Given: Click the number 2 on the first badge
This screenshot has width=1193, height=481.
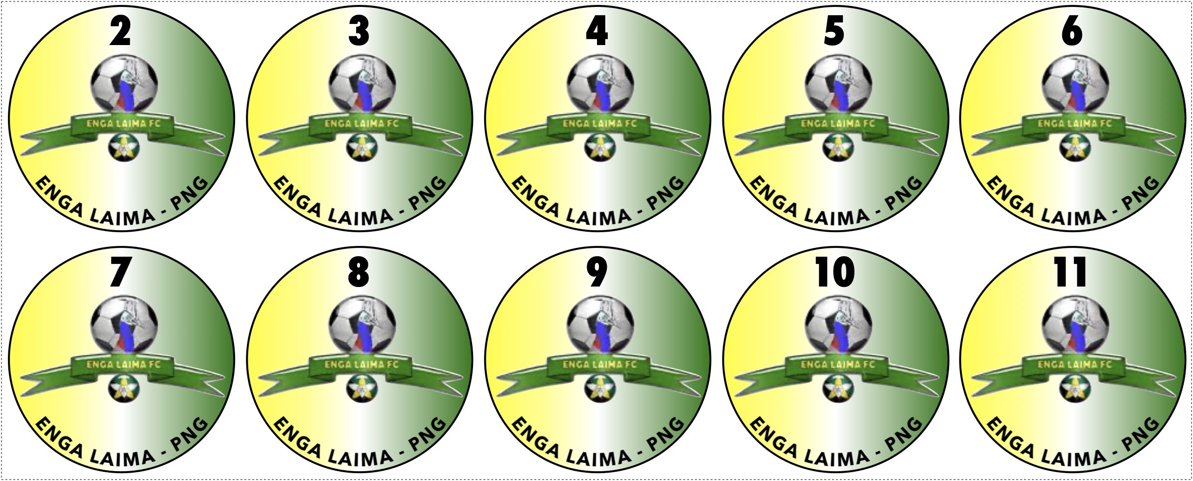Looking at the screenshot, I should click(x=120, y=31).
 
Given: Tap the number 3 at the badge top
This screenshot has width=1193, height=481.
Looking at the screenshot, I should click(x=359, y=31).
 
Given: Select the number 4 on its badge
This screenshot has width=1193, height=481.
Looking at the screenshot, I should click(x=597, y=31).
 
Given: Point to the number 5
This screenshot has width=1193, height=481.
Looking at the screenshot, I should click(x=835, y=31).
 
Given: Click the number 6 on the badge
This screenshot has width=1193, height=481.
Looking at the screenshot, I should click(x=1072, y=31).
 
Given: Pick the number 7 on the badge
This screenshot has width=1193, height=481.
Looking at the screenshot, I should click(x=120, y=272).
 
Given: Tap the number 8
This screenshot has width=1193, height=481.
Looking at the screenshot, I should click(x=359, y=272).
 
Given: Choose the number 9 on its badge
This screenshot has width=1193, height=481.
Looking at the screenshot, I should click(x=597, y=272).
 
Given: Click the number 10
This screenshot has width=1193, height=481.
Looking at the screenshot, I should click(x=835, y=272).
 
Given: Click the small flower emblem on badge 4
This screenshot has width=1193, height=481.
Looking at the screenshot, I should click(x=600, y=147).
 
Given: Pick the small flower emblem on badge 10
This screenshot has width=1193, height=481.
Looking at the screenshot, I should click(x=838, y=388).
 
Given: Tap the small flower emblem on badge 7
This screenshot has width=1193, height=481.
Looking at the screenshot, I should click(x=124, y=388).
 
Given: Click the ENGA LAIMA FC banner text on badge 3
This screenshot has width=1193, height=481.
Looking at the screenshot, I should click(x=361, y=124).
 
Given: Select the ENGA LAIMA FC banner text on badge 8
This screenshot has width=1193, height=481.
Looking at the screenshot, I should click(x=361, y=365).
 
